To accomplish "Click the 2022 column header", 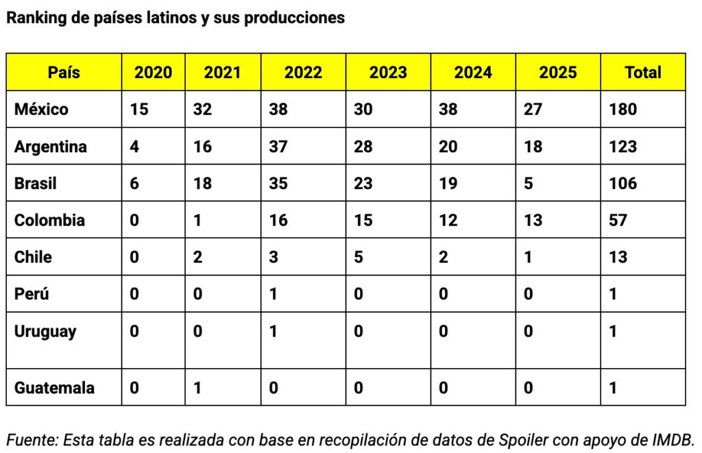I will (x=303, y=72).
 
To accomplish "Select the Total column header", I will (x=642, y=72).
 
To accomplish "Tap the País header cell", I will (x=64, y=72).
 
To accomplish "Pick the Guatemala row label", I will (x=54, y=388).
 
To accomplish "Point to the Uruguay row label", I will (x=45, y=332).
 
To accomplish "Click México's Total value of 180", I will (x=622, y=109).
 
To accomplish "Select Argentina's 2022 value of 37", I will (x=278, y=147).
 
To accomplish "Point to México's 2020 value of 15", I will (x=138, y=109).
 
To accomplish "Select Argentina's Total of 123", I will (x=622, y=147).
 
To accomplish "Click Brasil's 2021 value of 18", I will (x=202, y=184).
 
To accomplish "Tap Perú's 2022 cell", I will (x=274, y=295).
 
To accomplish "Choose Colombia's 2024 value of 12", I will (x=448, y=221).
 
